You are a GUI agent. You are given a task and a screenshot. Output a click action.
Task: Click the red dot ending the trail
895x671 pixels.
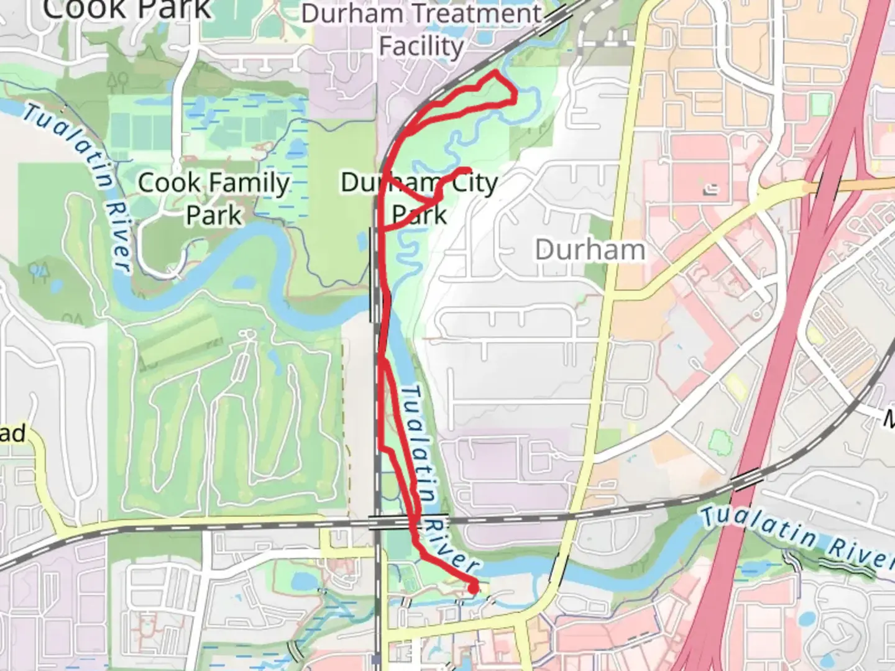473,587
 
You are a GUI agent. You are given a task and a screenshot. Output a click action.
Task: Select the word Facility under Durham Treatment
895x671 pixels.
421,47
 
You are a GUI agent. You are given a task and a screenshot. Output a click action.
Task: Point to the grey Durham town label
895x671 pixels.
590,250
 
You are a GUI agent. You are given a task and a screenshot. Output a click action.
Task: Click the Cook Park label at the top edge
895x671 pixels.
127,9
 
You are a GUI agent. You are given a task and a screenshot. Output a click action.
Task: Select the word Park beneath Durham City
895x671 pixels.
420,215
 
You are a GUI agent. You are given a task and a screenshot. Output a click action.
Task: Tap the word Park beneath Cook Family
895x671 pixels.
213,216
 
